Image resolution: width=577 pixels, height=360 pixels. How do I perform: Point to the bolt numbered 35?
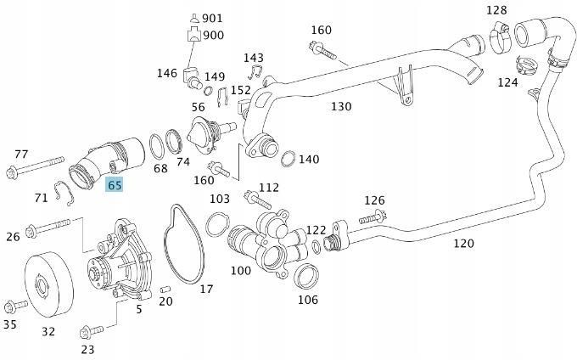pos(15,307)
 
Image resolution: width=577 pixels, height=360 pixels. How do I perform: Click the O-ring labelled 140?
pos(288,160)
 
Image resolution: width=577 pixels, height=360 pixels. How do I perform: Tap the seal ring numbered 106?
pos(307,276)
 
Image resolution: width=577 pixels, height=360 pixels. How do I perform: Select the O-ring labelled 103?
pos(217,225)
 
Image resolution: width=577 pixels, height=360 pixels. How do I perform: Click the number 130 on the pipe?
pos(340,107)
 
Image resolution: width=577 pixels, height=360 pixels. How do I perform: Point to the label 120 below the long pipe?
pos(462,243)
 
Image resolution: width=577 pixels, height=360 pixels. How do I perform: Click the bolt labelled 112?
pos(257,200)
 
